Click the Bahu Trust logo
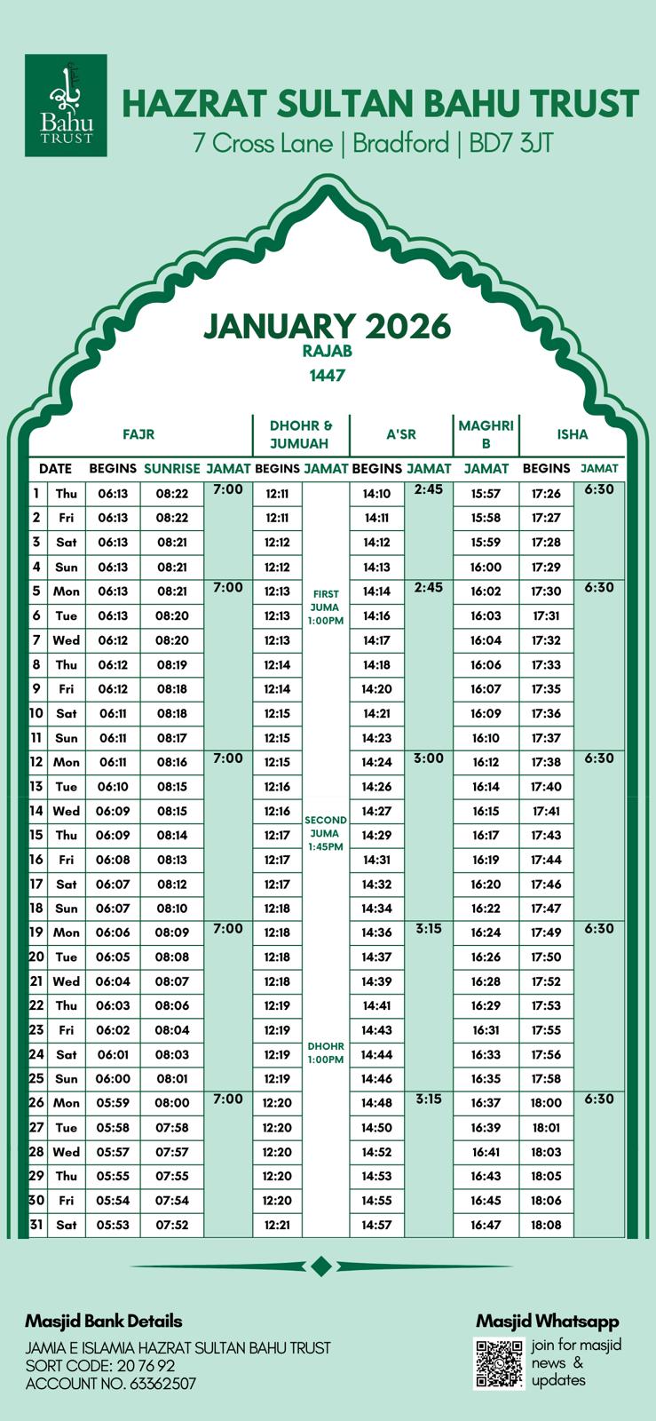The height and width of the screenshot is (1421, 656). click(66, 105)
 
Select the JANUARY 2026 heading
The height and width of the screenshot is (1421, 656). click(327, 326)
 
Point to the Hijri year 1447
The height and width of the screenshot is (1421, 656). click(327, 376)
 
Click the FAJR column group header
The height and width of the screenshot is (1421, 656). click(138, 434)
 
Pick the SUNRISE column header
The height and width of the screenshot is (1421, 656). click(171, 468)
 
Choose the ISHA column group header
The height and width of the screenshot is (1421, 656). click(572, 434)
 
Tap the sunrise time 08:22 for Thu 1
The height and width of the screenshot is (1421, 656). click(171, 494)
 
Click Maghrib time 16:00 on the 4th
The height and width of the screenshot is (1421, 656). click(486, 567)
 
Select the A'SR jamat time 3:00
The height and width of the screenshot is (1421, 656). click(429, 758)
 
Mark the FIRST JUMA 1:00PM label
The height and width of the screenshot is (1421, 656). click(326, 607)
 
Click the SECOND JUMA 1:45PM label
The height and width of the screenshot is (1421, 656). click(326, 833)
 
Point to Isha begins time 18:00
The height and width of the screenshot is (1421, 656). click(546, 1103)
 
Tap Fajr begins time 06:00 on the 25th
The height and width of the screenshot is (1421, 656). click(113, 1079)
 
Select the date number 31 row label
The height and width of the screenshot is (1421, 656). click(36, 1225)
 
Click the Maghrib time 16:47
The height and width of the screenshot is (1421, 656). click(486, 1225)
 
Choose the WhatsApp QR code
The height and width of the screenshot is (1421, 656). click(500, 1363)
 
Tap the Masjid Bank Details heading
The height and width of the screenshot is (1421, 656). click(104, 1322)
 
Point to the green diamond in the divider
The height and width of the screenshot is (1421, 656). click(321, 1266)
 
